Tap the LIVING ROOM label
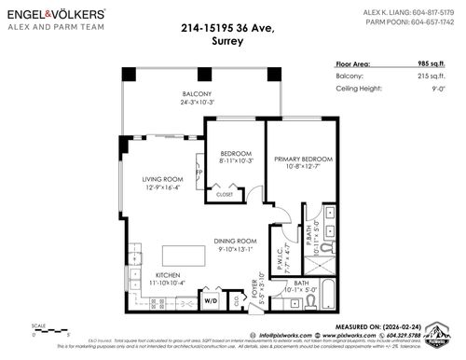point(162,179)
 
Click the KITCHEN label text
point(167,276)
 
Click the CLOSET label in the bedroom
point(225,195)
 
